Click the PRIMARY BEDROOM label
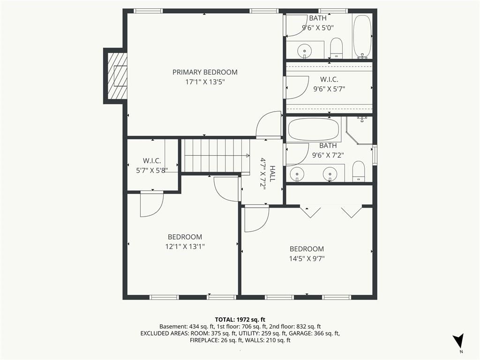[205, 72]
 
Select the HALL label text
[272, 173]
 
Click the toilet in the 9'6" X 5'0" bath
[337, 48]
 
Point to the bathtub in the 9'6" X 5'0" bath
[362, 37]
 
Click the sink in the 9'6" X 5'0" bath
[305, 50]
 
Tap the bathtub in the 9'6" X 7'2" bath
[314, 129]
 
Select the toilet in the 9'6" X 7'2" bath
[358, 172]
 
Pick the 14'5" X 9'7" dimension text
[307, 259]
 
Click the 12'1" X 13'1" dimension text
[185, 247]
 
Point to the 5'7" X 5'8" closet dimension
[152, 171]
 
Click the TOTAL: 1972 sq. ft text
[240, 320]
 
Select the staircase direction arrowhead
[247, 156]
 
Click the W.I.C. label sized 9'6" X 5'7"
[329, 80]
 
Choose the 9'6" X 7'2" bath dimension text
[328, 155]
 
